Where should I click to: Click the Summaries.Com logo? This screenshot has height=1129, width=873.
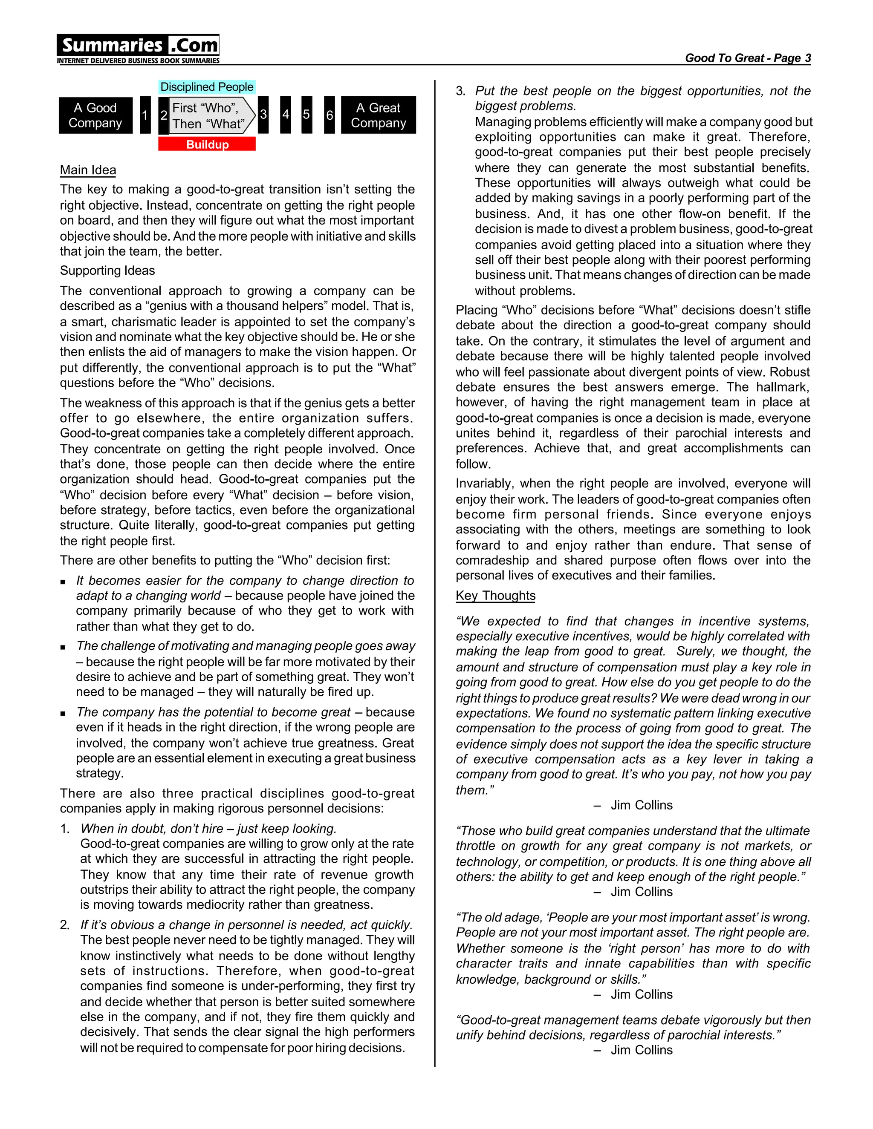(138, 46)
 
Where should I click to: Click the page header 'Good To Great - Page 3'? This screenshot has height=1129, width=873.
(747, 58)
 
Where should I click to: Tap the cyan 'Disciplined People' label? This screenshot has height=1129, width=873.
(207, 87)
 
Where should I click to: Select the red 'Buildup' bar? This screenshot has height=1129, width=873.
(207, 144)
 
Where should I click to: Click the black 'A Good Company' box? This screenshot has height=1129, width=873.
(95, 115)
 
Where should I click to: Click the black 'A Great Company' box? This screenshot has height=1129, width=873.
(378, 115)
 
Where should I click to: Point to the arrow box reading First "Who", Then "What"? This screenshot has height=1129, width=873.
(209, 116)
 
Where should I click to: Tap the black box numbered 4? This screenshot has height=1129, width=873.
(286, 115)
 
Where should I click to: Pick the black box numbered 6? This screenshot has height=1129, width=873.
(330, 115)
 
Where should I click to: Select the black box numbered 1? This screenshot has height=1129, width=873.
(145, 115)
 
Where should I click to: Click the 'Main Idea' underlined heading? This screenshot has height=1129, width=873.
(88, 170)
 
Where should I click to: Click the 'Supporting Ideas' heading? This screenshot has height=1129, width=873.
(107, 271)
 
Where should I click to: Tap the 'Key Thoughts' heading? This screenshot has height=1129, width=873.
(495, 596)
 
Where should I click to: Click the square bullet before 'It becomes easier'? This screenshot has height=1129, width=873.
(63, 582)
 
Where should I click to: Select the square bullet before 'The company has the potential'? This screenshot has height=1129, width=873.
(63, 713)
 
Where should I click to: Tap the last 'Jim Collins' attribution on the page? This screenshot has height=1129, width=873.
(641, 1050)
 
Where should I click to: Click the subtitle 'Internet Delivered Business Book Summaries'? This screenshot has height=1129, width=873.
(138, 61)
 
